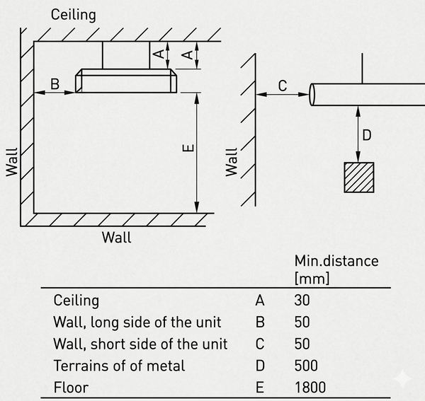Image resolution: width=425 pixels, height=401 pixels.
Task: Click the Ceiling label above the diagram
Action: coord(74,15)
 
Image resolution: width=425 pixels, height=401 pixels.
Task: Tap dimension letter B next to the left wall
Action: coord(55,84)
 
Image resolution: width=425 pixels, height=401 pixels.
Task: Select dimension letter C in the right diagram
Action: coord(283,86)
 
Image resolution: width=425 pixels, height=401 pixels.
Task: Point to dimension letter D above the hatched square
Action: coord(367,135)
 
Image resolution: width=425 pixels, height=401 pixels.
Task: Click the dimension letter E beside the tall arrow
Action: coord(188,148)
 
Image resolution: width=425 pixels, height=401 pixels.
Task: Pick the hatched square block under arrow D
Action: coord(359,178)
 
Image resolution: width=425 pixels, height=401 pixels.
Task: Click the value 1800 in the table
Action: coord(310,387)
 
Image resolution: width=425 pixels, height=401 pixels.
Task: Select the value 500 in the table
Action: coord(306,366)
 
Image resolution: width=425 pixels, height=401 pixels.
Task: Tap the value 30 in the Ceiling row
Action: coord(302,301)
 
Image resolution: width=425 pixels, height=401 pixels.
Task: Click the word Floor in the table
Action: coord(71,387)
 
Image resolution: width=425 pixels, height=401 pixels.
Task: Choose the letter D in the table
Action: coord(260,366)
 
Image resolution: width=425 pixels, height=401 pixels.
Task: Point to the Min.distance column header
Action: coord(336,261)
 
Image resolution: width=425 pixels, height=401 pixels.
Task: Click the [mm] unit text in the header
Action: coord(312,278)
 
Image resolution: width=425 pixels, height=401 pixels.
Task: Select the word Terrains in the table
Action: coord(81,366)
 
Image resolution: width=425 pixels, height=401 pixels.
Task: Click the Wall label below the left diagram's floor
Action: coord(117,238)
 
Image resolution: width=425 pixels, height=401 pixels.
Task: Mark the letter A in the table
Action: coord(260,301)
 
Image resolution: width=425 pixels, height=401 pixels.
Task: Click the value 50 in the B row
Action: coord(302,322)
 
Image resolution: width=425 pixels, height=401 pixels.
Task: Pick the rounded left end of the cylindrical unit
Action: coord(312,95)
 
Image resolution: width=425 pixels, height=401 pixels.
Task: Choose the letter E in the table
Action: coord(260,387)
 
